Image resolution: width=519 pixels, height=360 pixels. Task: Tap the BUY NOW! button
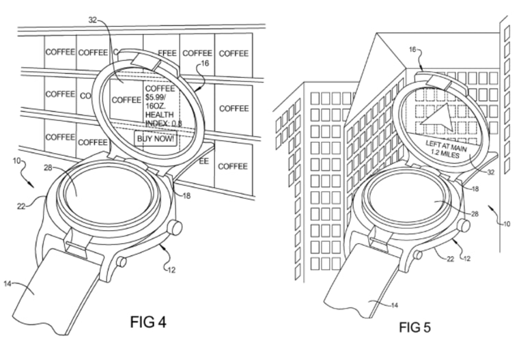[156, 138]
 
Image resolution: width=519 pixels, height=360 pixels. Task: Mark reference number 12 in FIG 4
[171, 270]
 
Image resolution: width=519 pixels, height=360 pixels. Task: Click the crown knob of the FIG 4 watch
[176, 227]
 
